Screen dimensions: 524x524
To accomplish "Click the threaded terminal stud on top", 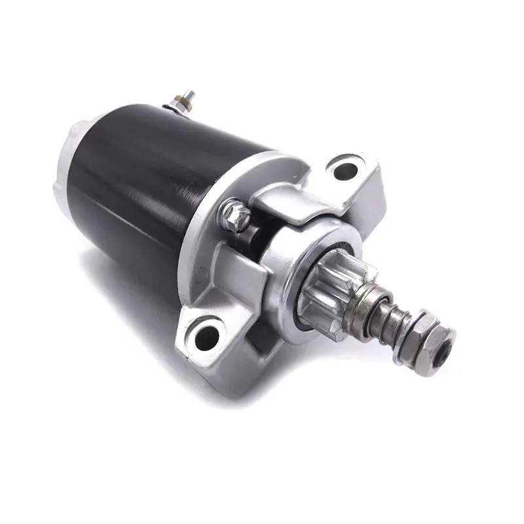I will pyautogui.click(x=187, y=96).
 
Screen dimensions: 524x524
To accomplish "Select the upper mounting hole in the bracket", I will pyautogui.click(x=345, y=170).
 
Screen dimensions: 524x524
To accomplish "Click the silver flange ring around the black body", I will pyautogui.click(x=196, y=216).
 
